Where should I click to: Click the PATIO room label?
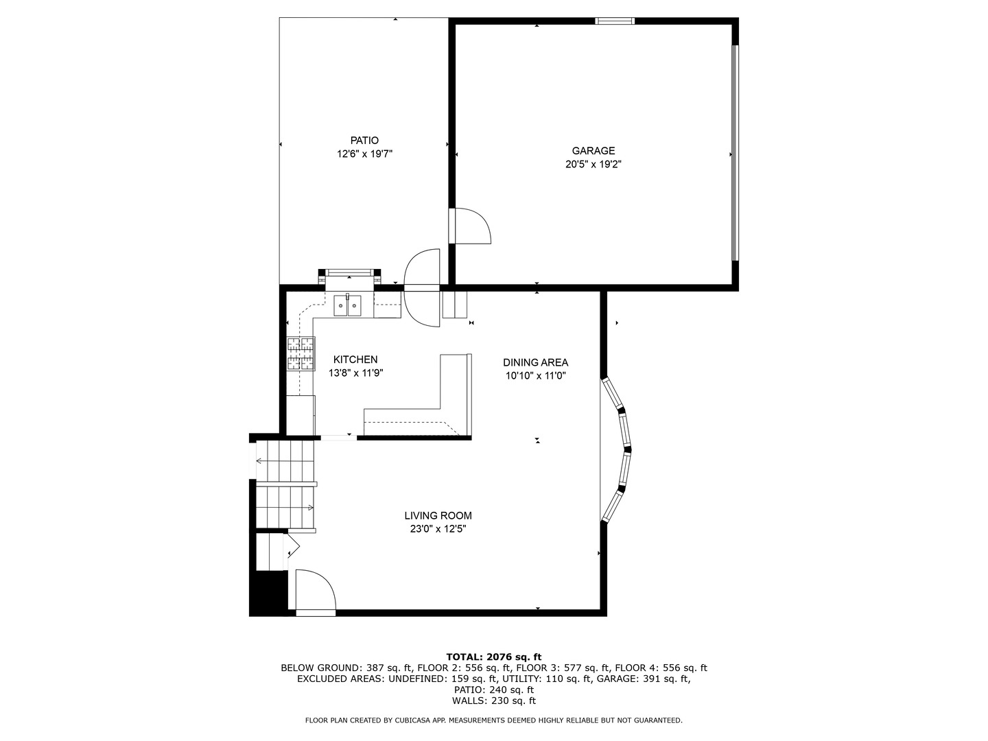(x=364, y=141)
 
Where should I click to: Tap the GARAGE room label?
(x=593, y=151)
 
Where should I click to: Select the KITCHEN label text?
(x=355, y=360)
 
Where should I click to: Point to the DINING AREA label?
(x=535, y=363)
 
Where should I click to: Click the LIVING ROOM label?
(x=438, y=516)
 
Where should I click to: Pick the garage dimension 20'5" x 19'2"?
(x=593, y=165)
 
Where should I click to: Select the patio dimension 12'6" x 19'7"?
(x=364, y=154)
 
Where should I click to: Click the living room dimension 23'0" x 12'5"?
(x=438, y=529)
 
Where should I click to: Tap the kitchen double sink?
(x=348, y=305)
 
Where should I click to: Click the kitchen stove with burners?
(x=301, y=354)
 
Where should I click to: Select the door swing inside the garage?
(x=472, y=226)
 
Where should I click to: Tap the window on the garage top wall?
(x=615, y=21)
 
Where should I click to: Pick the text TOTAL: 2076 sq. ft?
(x=493, y=657)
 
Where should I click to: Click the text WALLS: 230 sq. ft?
(x=493, y=701)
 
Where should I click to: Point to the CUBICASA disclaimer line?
(x=493, y=720)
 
